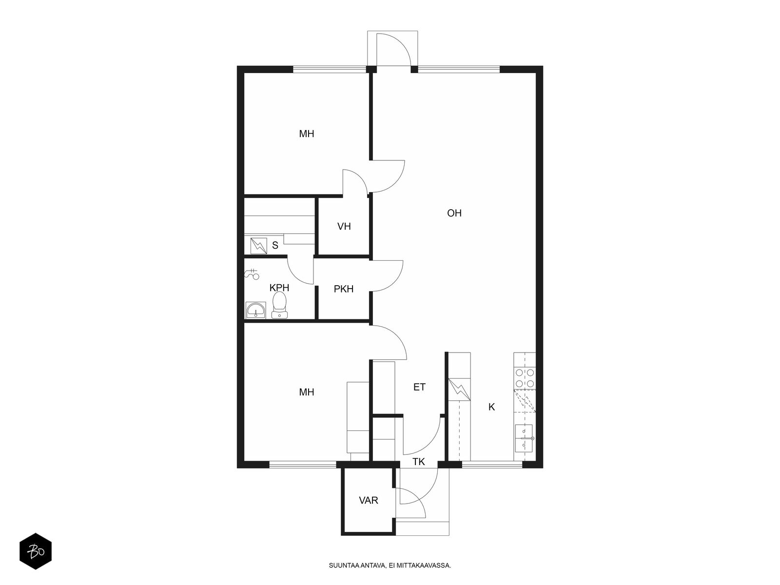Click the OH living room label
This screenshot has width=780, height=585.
[x=454, y=213]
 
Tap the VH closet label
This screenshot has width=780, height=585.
[x=344, y=226]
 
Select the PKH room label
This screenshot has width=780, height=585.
[x=344, y=289]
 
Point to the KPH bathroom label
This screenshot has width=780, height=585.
[x=279, y=288]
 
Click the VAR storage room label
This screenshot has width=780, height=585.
[x=369, y=501]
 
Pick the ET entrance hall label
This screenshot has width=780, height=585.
[x=419, y=387]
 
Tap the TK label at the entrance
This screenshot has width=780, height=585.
[x=419, y=462]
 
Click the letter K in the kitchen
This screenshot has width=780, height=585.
[x=492, y=407]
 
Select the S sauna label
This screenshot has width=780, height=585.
[x=275, y=245]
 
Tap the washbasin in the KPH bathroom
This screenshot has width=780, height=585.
[x=255, y=310]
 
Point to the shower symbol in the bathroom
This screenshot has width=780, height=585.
[x=252, y=274]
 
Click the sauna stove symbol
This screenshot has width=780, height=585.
[x=259, y=246]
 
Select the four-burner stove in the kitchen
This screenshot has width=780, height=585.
[x=525, y=378]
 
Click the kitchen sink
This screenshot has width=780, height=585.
[x=524, y=438]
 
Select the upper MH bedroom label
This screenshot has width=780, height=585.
[x=306, y=134]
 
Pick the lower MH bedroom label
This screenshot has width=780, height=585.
[x=306, y=392]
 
